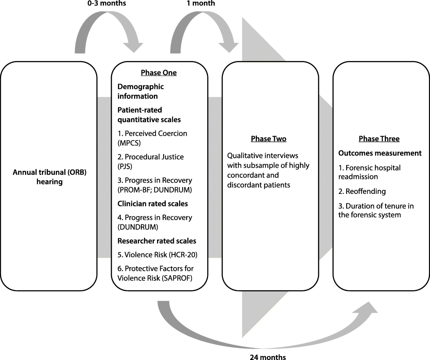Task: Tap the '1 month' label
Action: click(201, 4)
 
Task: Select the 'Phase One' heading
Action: click(159, 73)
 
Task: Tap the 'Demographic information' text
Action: click(140, 91)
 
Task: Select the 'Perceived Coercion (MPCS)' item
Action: click(152, 138)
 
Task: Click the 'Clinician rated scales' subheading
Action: click(153, 204)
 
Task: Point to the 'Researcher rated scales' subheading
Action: click(157, 241)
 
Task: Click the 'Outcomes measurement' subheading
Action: click(380, 153)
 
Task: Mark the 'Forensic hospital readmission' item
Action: click(369, 172)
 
